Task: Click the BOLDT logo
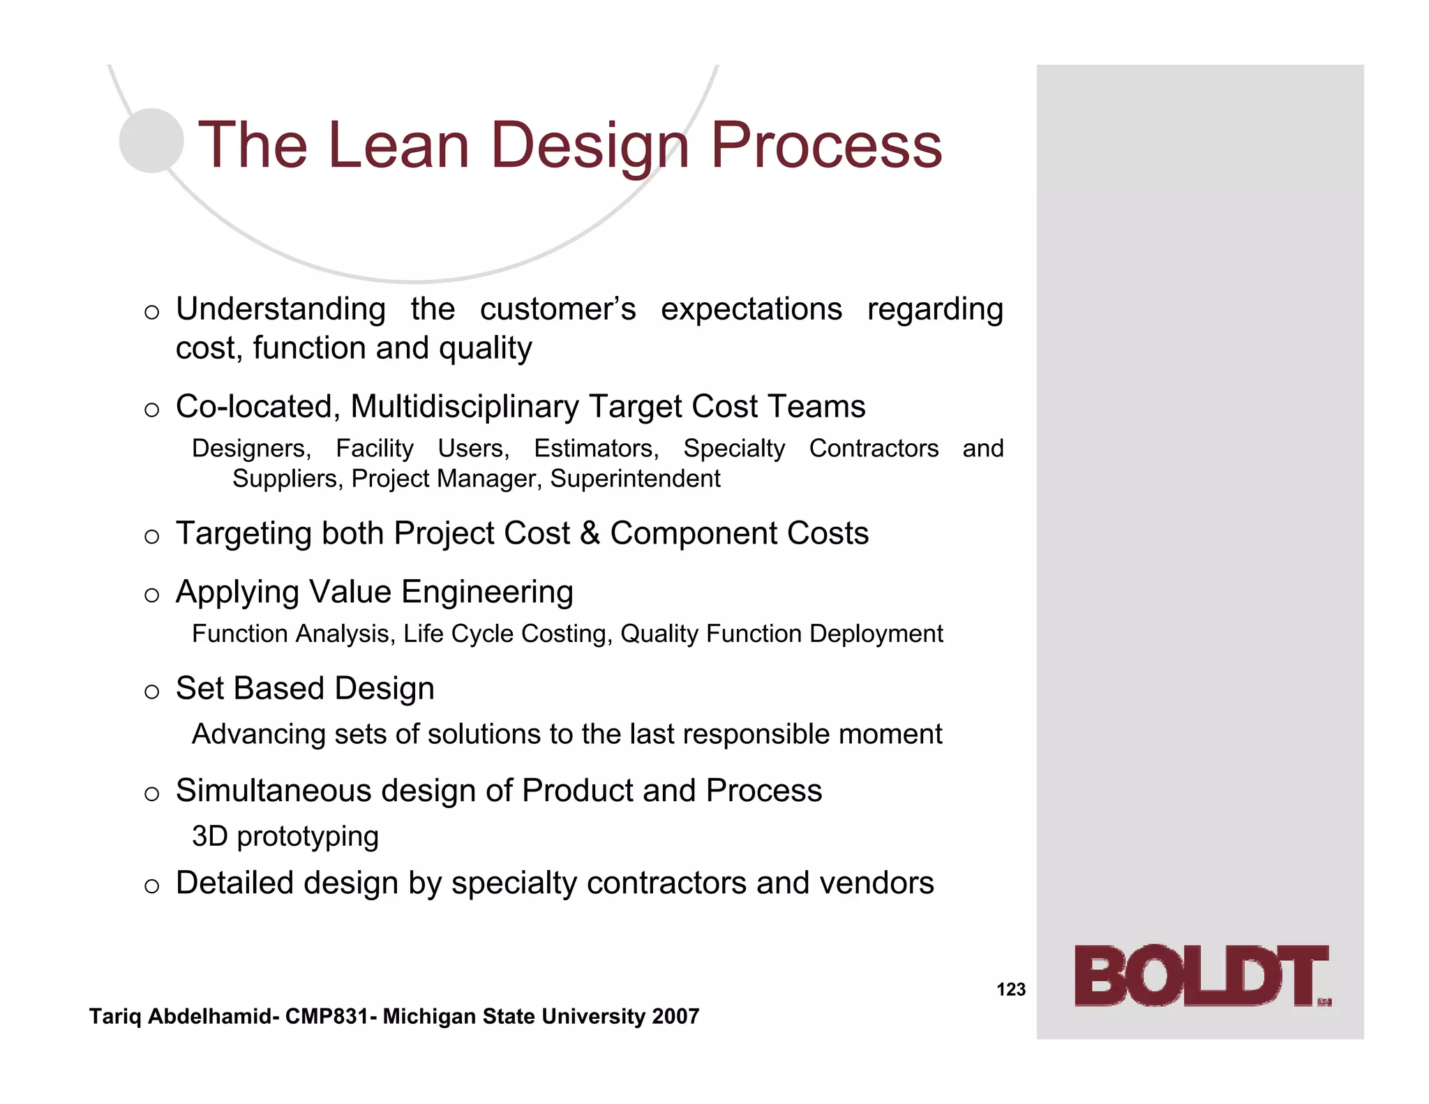[x=1202, y=976]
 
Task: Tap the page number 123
[x=1011, y=990]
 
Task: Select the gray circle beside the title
[x=151, y=140]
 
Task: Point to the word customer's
[x=558, y=309]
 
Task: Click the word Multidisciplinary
[x=465, y=407]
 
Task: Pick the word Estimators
[x=596, y=449]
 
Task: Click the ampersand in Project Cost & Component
[x=590, y=534]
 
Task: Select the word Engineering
[x=487, y=592]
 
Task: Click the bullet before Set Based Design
[x=152, y=692]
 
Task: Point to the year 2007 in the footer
[x=675, y=1017]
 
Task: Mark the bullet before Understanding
[x=152, y=312]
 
